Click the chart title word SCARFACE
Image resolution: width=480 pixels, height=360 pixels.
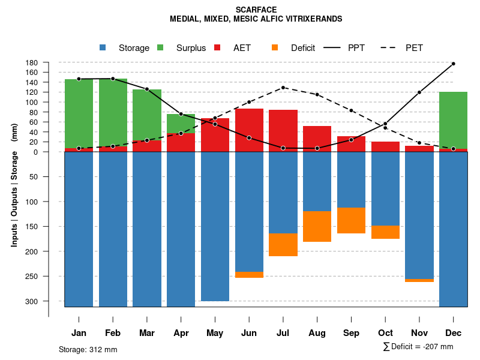click(256, 10)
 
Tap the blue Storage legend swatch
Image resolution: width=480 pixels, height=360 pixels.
click(103, 48)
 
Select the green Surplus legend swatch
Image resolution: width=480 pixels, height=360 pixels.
click(160, 48)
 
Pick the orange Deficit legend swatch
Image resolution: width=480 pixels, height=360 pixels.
click(275, 48)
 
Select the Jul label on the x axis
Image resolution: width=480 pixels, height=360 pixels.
click(283, 333)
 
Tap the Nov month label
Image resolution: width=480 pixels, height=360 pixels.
click(419, 333)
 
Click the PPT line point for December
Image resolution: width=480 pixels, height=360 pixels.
click(453, 64)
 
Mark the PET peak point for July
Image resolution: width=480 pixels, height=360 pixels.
click(283, 88)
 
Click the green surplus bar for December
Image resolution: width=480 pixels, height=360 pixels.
click(453, 120)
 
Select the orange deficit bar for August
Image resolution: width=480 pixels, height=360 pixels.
click(317, 226)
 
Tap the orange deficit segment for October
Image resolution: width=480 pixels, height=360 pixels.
click(385, 232)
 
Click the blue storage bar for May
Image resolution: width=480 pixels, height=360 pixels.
click(215, 227)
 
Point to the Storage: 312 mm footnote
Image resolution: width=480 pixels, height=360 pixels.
click(88, 349)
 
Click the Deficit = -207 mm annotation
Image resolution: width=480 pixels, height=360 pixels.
click(418, 347)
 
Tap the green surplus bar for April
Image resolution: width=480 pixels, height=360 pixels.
click(181, 123)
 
